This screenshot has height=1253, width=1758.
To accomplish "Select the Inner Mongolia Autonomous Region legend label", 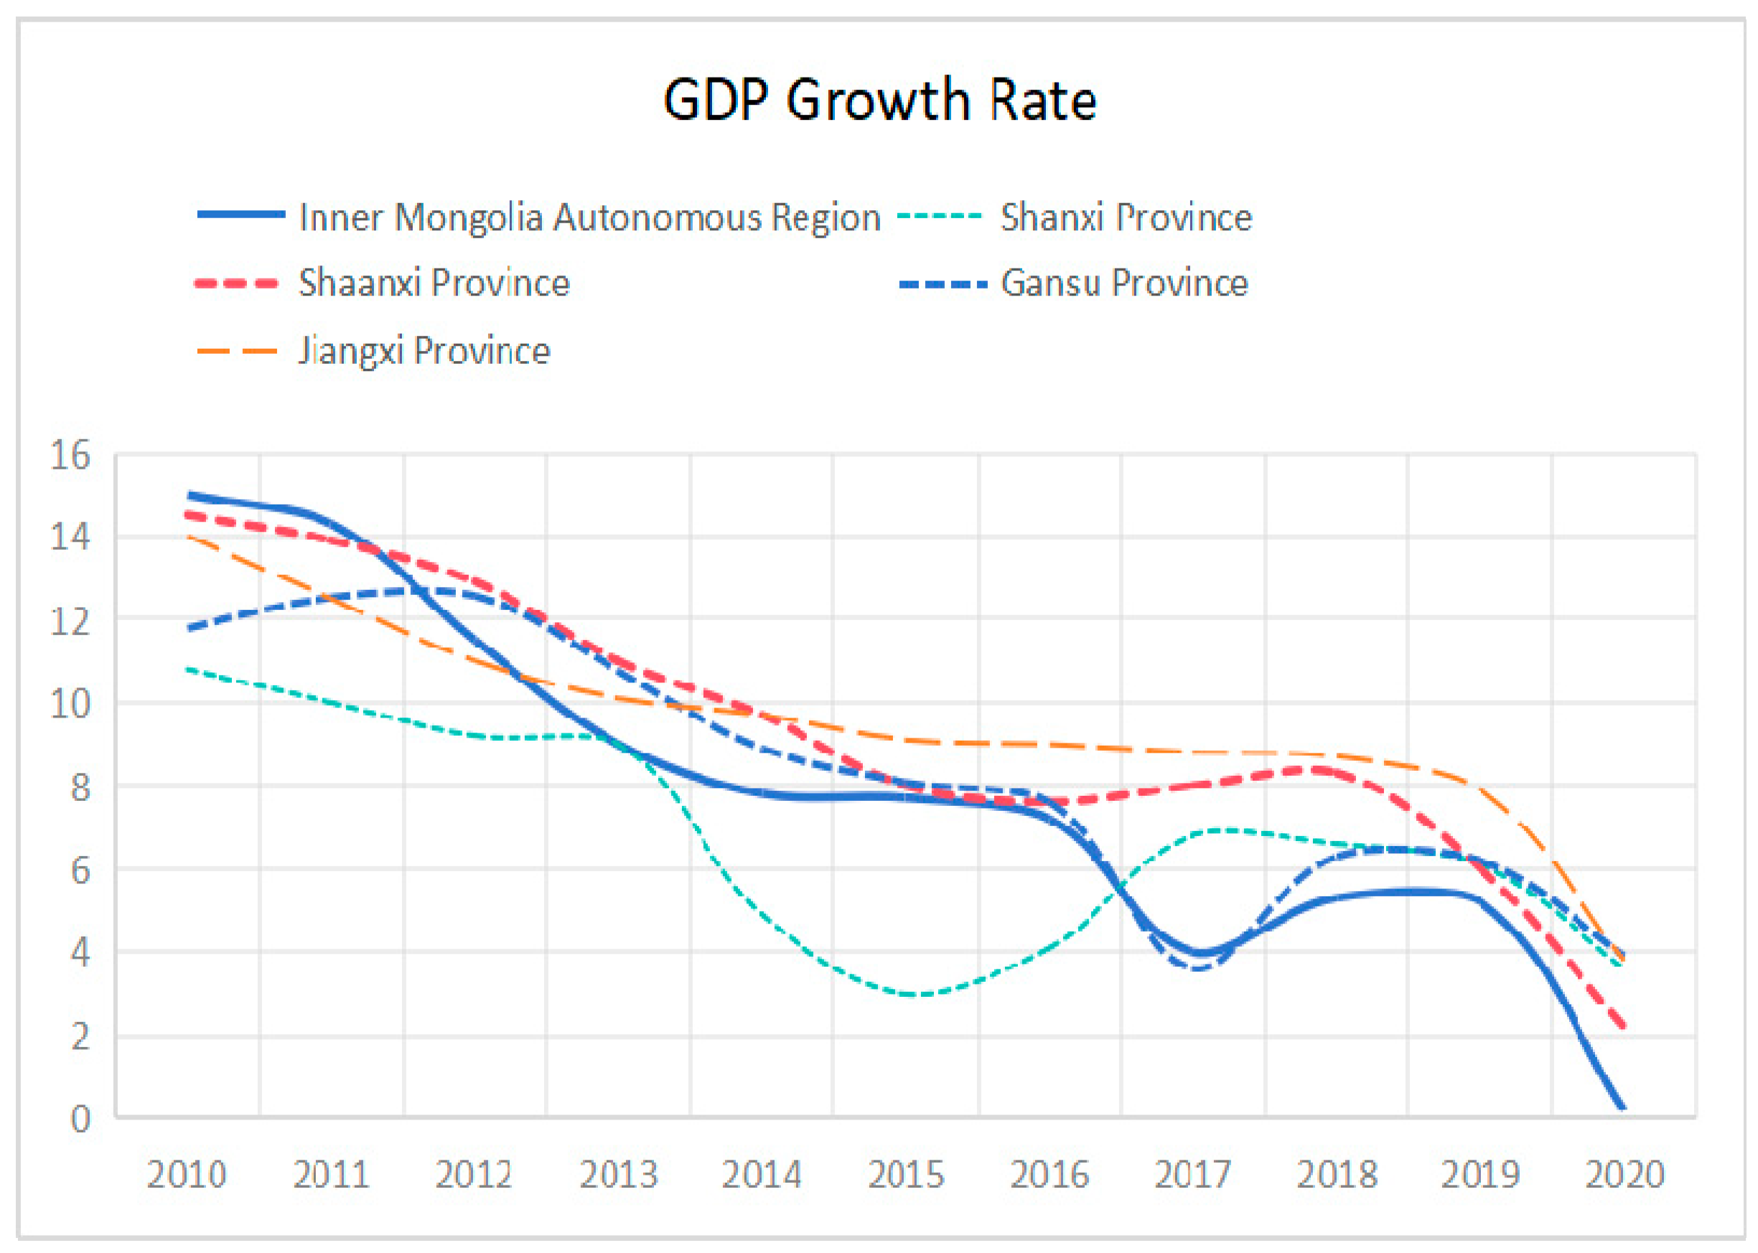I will point(589,217).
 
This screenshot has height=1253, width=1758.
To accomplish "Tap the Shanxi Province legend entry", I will point(1125,217).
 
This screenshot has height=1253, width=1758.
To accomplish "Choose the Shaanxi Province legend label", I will point(434,283).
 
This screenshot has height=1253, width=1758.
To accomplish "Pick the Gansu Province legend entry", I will point(1123,283).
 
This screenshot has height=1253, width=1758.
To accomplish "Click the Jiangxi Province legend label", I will point(424,351).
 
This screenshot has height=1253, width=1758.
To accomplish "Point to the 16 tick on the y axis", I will point(70,455).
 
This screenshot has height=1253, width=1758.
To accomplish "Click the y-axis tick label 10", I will point(70,704).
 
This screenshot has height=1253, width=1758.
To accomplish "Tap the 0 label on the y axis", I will point(80,1119).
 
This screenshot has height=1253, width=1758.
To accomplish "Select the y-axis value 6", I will point(80,870).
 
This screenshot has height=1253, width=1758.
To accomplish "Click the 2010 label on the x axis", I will point(186,1175).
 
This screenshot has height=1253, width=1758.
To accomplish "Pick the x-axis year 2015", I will point(906,1175).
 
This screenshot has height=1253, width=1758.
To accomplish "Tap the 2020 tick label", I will point(1624,1175).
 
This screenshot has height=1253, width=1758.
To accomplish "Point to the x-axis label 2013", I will point(618,1175).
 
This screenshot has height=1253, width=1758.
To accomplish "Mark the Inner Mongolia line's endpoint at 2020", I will point(1623,1109).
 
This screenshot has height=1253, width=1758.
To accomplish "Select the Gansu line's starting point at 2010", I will point(188,629).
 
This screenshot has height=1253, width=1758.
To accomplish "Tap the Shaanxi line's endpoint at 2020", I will point(1624,1026).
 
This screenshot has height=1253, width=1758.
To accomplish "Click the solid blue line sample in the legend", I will point(240,215).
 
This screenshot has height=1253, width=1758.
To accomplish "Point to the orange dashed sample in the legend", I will point(237,352).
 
